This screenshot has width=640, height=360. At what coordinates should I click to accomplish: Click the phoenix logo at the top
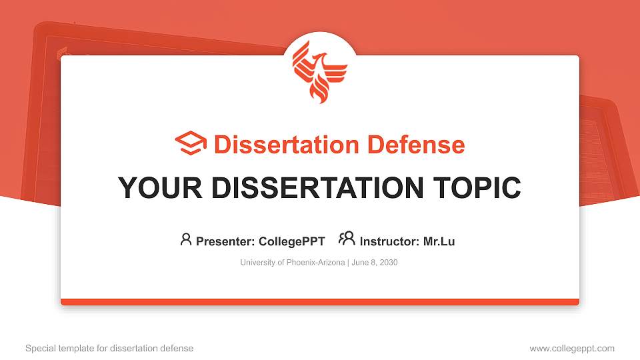[x=320, y=71]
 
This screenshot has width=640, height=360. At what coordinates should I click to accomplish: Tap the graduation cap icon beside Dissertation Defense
[x=191, y=144]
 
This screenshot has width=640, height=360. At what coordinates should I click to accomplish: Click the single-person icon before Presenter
[x=186, y=239]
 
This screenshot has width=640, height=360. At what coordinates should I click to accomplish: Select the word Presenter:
[x=223, y=241]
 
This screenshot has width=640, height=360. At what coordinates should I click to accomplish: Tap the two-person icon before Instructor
[x=347, y=239]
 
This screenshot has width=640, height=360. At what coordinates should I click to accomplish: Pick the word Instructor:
[x=390, y=241]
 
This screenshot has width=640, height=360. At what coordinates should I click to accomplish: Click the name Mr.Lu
[x=439, y=241]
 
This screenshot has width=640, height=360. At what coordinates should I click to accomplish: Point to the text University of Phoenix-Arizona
[x=292, y=263]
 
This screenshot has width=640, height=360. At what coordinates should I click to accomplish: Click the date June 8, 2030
[x=374, y=263]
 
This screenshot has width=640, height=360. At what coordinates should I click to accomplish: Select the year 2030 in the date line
[x=388, y=263]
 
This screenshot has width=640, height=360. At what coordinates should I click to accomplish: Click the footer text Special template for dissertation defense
[x=109, y=348]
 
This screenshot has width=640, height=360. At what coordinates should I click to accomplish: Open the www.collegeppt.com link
[x=572, y=348]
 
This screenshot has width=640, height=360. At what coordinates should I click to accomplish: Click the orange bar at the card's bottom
[x=320, y=302]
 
